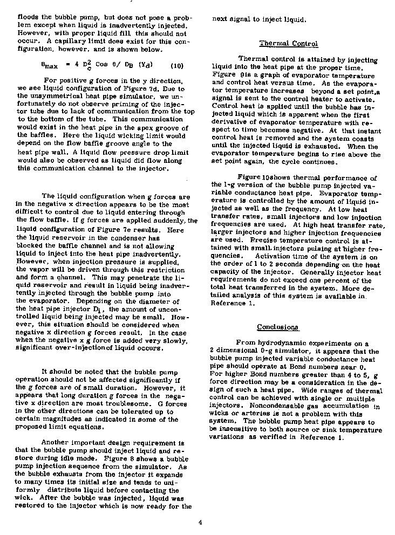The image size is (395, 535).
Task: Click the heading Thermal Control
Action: click(289, 44)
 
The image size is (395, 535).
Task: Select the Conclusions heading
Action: click(277, 327)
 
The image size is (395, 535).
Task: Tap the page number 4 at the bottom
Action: click(200, 521)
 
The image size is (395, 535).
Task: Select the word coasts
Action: click(361, 139)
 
